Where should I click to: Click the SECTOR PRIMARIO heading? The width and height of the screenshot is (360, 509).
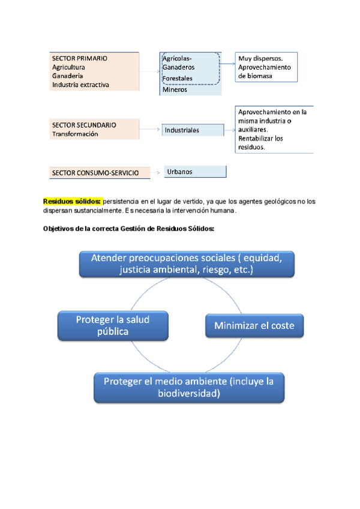point(80,59)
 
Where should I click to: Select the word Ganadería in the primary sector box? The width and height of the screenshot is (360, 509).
point(68,76)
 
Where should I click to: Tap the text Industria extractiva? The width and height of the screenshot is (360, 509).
point(80,85)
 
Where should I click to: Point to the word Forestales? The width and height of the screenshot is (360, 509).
point(178,79)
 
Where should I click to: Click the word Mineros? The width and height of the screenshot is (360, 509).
point(174,90)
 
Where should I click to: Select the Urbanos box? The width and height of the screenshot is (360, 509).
point(195,172)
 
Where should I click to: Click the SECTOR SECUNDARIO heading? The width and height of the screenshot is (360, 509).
point(84,125)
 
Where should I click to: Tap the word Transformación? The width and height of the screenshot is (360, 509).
point(75,134)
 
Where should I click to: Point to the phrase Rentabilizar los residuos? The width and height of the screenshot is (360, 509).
point(261,142)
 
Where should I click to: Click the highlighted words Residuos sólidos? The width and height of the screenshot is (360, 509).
point(72,201)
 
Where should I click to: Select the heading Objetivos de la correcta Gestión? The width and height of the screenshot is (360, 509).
point(128,229)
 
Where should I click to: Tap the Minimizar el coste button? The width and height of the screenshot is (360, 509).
point(254,326)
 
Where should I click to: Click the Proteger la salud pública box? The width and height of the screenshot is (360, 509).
point(112,325)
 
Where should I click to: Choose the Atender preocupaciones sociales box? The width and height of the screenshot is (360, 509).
point(187,264)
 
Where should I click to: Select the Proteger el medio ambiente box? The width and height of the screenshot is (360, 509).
point(189,387)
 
